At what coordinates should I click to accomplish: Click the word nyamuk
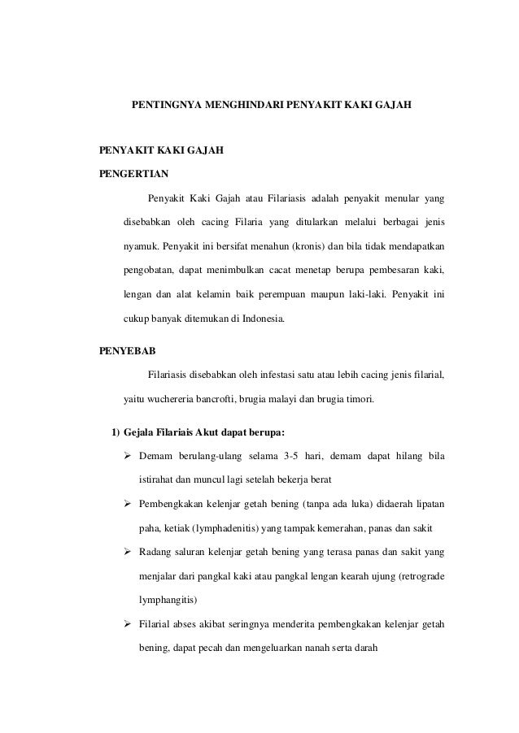[140, 245]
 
